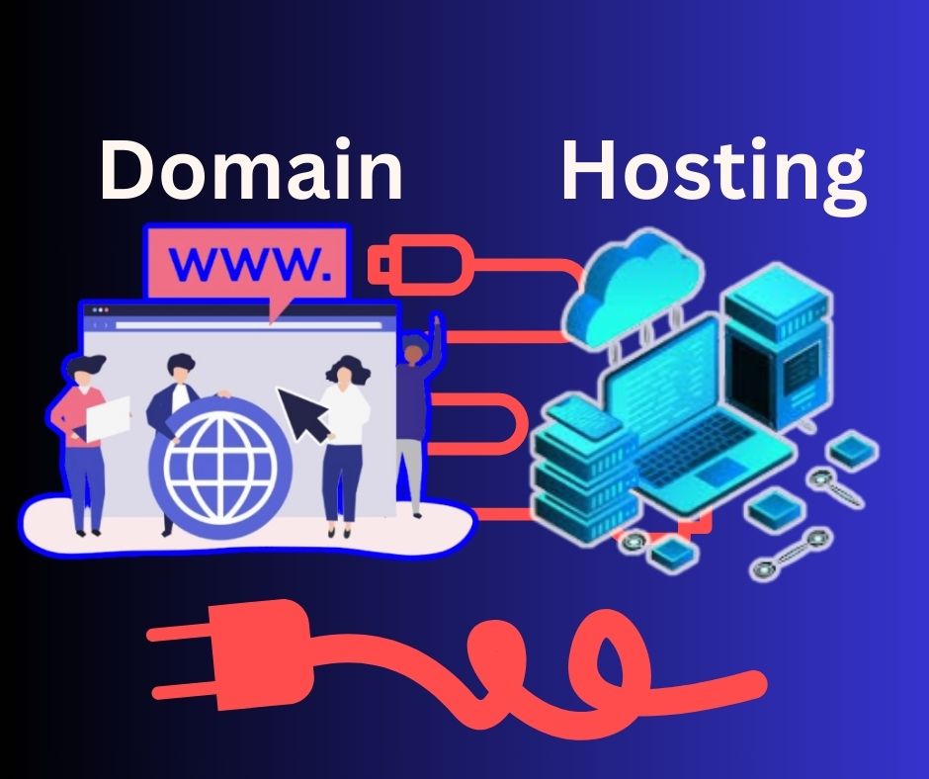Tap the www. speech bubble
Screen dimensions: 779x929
[x=247, y=261]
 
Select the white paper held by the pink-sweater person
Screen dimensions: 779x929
[x=109, y=418]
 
